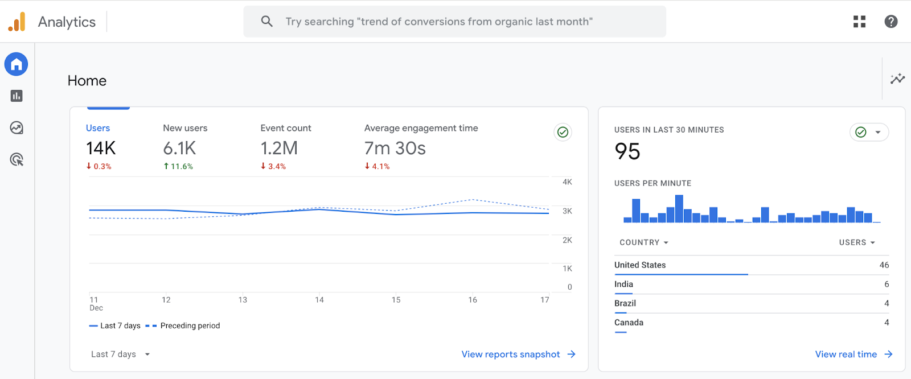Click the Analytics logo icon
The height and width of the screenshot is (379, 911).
tap(17, 22)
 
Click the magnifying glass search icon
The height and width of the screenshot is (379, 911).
tap(266, 22)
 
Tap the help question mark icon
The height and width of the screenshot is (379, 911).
tap(891, 22)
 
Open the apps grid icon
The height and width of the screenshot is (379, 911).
tap(859, 22)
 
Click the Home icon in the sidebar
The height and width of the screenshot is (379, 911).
tap(17, 64)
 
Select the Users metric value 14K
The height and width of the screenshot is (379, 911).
tap(101, 149)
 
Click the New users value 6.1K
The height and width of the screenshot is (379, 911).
tap(179, 149)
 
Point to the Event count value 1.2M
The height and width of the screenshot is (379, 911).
tap(279, 149)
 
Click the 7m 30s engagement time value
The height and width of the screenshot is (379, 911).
tap(395, 149)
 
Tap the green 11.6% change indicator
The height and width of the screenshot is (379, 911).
tap(179, 166)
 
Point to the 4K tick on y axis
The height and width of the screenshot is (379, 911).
tap(567, 182)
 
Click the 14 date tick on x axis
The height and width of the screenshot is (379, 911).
tap(319, 300)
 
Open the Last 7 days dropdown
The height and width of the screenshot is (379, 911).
tap(120, 354)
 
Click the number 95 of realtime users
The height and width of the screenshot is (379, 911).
tap(627, 151)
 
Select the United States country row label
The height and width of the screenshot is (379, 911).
tap(640, 265)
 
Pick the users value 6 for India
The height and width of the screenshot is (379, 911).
tap(887, 284)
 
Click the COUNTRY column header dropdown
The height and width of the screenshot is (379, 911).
tap(644, 242)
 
